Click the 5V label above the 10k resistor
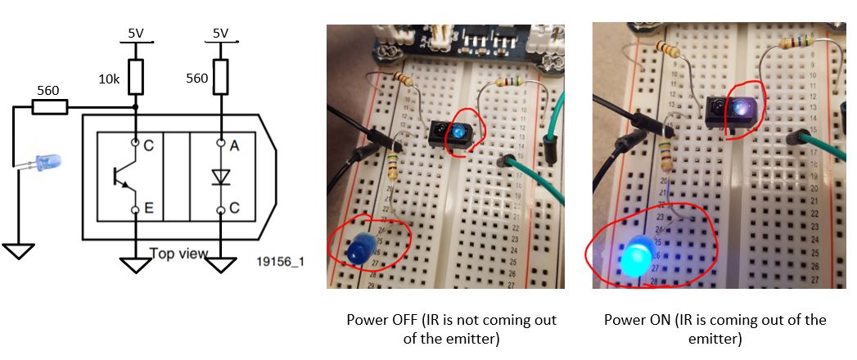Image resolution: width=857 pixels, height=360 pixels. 135,34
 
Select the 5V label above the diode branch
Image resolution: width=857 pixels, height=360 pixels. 220,34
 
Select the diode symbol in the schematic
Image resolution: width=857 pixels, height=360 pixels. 220,176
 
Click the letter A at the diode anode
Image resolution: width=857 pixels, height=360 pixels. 234,145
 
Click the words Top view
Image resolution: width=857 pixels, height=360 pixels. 178,253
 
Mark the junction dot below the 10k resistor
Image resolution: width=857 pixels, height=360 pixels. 135,107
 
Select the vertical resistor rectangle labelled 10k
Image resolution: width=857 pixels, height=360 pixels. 135,76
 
